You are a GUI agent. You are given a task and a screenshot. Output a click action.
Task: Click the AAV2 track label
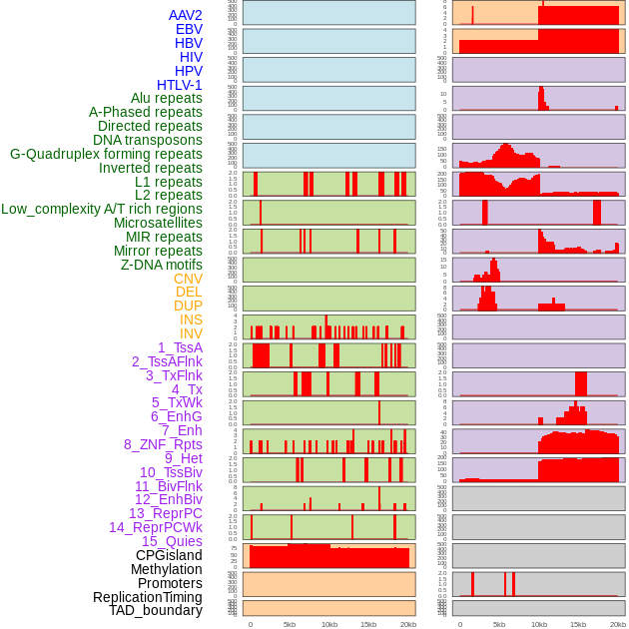185,15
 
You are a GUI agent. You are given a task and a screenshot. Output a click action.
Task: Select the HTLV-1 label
179,85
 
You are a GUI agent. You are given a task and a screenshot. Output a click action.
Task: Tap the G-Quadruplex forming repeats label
106,154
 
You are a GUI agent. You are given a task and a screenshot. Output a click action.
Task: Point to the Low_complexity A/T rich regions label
102,209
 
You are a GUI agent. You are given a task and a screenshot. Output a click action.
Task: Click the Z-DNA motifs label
162,265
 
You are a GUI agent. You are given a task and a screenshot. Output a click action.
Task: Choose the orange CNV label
188,279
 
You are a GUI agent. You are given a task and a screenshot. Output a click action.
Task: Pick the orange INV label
191,333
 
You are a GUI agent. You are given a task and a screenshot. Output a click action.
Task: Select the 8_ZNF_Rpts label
163,444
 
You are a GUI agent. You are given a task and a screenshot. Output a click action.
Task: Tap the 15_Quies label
172,541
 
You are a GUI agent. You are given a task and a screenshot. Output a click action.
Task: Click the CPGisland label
169,555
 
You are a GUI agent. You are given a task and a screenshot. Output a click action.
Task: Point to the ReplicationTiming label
148,597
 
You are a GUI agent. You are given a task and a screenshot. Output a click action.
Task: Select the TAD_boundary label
156,610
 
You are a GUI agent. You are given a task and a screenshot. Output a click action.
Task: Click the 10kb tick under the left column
329,624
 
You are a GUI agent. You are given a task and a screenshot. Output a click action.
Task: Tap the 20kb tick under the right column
618,624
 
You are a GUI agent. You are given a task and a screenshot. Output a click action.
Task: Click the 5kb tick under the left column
290,624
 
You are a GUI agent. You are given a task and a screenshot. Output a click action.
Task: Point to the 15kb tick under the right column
578,624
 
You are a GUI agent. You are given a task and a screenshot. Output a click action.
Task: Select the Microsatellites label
158,223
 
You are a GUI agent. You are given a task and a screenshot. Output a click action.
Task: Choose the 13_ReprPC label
165,513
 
